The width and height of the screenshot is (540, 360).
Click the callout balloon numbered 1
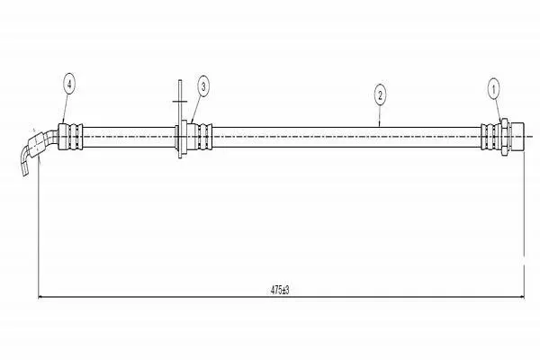(x=494, y=90)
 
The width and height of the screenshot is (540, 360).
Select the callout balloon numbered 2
(x=380, y=95)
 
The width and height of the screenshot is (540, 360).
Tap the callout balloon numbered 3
(x=203, y=86)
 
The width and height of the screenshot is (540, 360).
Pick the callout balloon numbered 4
(x=69, y=84)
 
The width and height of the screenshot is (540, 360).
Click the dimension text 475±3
(x=280, y=290)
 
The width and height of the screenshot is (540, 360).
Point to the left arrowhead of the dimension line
(x=40, y=297)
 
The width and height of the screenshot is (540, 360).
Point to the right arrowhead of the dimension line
(x=521, y=297)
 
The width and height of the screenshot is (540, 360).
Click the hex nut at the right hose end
(x=505, y=137)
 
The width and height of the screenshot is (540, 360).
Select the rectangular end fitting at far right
(x=517, y=137)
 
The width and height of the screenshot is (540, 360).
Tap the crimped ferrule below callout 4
(x=70, y=137)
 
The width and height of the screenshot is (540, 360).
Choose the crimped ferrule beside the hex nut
(x=491, y=137)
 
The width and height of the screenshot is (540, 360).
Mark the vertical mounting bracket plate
(x=180, y=119)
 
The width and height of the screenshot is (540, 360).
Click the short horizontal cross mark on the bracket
(x=179, y=102)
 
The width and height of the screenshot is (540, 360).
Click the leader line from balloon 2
(x=380, y=116)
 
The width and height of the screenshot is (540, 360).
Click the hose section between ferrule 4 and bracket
(x=129, y=137)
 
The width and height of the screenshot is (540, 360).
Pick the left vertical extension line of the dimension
(x=38, y=227)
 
